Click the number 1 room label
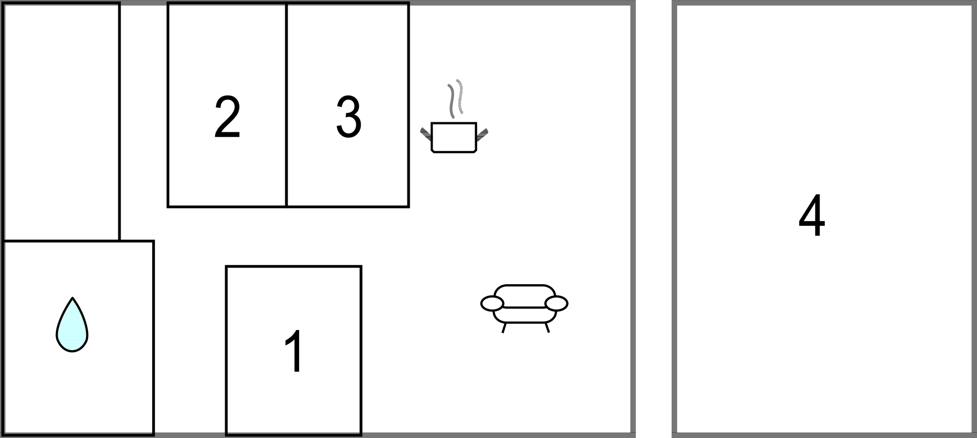pyautogui.click(x=294, y=352)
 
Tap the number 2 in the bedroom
pyautogui.click(x=227, y=118)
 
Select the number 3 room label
pyautogui.click(x=349, y=118)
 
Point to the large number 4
pyautogui.click(x=811, y=215)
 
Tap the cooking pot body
pyautogui.click(x=454, y=138)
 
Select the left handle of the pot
pyautogui.click(x=426, y=133)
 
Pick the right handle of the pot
pyautogui.click(x=482, y=134)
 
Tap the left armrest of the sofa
pyautogui.click(x=492, y=303)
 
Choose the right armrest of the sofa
pyautogui.click(x=556, y=303)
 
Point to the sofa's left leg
pyautogui.click(x=504, y=328)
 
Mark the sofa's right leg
pyautogui.click(x=547, y=328)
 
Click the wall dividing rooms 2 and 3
pyautogui.click(x=286, y=105)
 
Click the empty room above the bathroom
pyautogui.click(x=61, y=122)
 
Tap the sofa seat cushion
pyautogui.click(x=524, y=315)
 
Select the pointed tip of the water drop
pyautogui.click(x=72, y=299)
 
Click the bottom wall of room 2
pyautogui.click(x=227, y=207)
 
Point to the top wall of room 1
pyautogui.click(x=293, y=267)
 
